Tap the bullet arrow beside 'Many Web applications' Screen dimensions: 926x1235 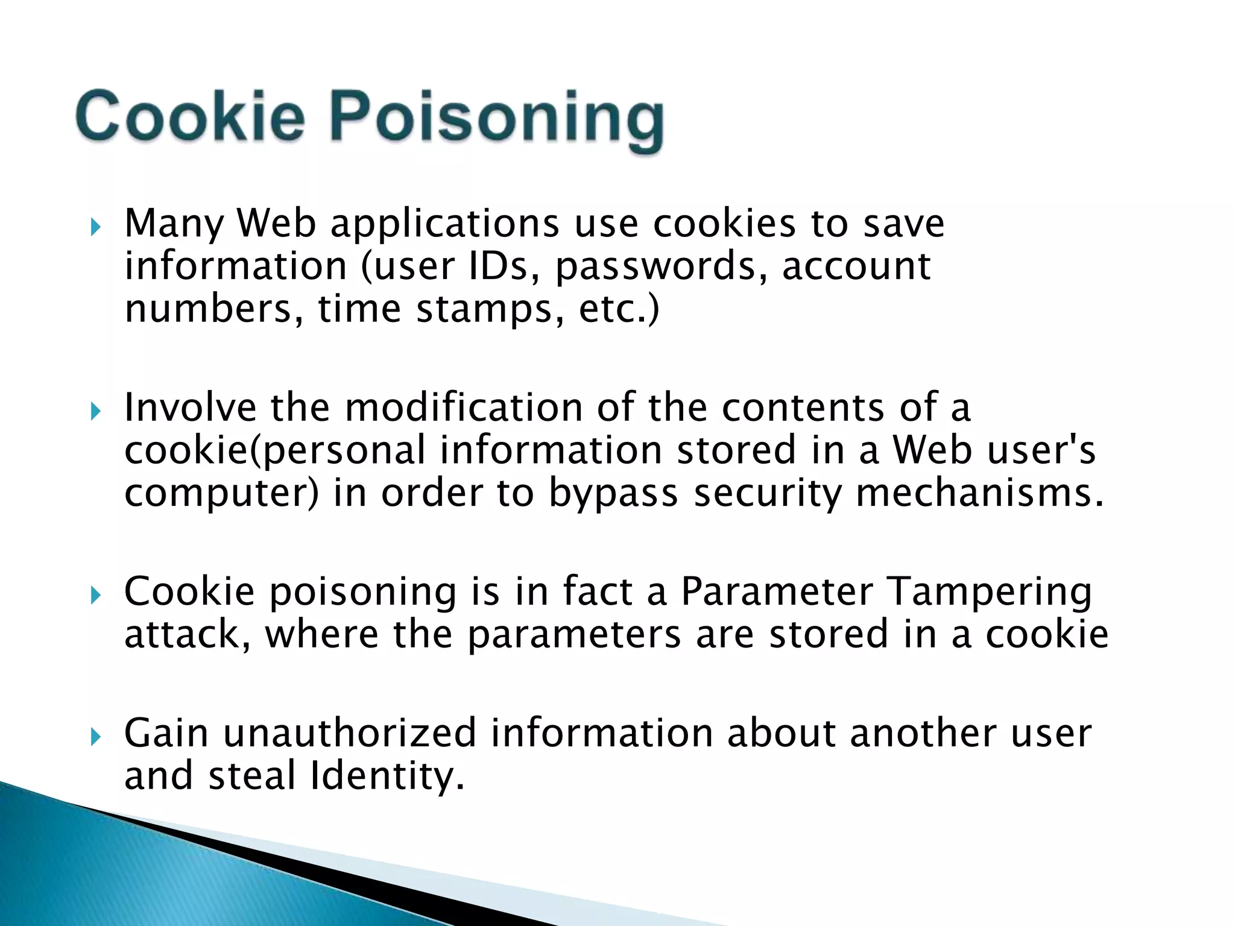95,227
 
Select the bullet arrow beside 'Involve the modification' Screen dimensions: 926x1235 95,412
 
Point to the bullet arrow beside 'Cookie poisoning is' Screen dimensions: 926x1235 95,596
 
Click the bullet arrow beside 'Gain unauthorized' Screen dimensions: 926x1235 95,737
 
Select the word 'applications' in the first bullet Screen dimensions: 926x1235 444,225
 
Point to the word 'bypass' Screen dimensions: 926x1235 613,494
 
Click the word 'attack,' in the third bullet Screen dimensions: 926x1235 188,635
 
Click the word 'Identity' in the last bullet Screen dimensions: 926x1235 386,776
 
